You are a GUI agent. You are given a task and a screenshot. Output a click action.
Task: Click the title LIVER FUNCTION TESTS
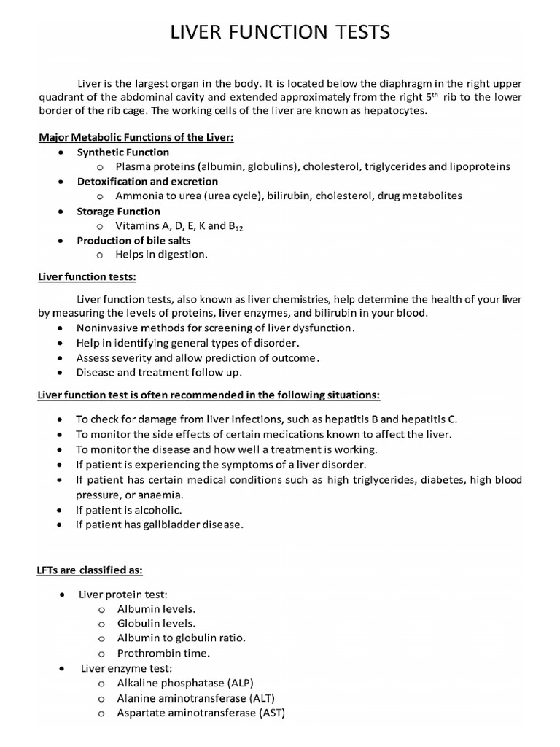point(280,33)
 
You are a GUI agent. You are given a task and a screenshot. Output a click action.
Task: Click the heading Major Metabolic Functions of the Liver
point(136,138)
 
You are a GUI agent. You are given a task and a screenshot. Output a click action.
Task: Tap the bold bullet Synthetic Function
point(122,152)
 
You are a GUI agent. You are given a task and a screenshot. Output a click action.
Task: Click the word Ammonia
point(138,196)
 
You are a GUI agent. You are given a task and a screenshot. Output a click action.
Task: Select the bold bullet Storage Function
point(118,211)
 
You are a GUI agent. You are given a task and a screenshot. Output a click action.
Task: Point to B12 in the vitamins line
point(231,226)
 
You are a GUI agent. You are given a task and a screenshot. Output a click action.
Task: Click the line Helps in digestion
point(161,255)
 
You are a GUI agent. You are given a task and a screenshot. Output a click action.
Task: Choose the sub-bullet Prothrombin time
point(163,653)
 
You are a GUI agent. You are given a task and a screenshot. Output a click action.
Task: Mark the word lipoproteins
point(480,166)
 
